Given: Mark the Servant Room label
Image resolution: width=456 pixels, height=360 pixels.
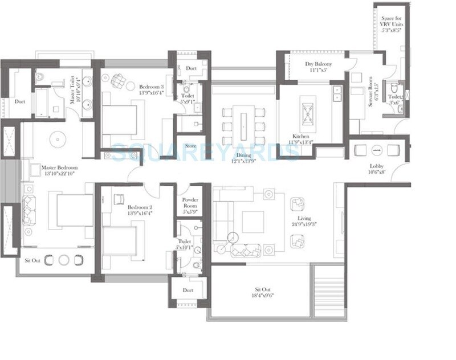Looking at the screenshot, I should [x=371, y=92].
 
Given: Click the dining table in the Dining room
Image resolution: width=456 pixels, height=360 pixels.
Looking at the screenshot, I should [x=244, y=126].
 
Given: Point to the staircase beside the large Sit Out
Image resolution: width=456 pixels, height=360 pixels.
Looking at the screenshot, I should [x=329, y=292].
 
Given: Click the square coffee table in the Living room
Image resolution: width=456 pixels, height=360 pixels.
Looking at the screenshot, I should [x=253, y=222].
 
